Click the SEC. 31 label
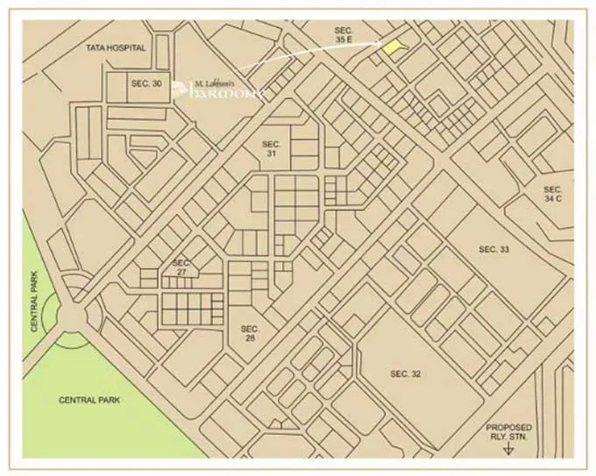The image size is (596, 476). click(271, 148)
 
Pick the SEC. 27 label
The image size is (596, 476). click(181, 267)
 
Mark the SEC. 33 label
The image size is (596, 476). click(493, 250)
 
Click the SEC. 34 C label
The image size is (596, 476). click(552, 195)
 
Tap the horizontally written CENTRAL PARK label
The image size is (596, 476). click(89, 400)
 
